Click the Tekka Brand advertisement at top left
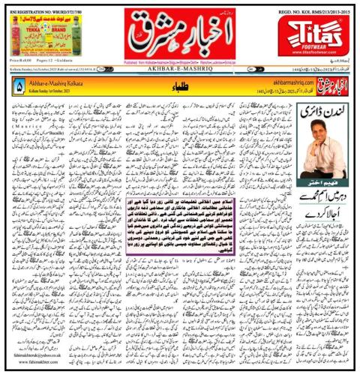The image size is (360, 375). coord(38,34)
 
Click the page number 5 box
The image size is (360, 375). coord(18,87)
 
